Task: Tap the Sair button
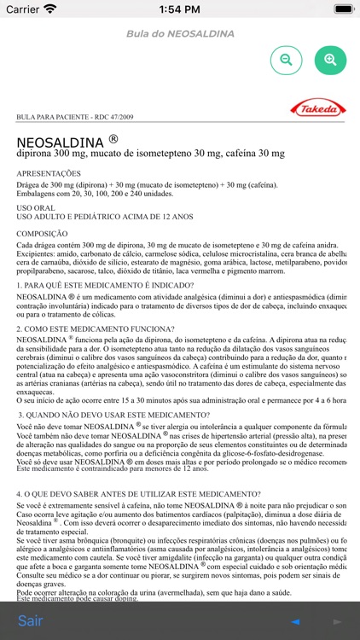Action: coord(31,620)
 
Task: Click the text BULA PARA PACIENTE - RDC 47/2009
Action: coord(74,117)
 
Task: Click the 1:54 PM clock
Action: coord(180,9)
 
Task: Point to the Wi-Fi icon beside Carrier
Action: coord(50,9)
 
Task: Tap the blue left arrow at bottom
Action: coord(295,621)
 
